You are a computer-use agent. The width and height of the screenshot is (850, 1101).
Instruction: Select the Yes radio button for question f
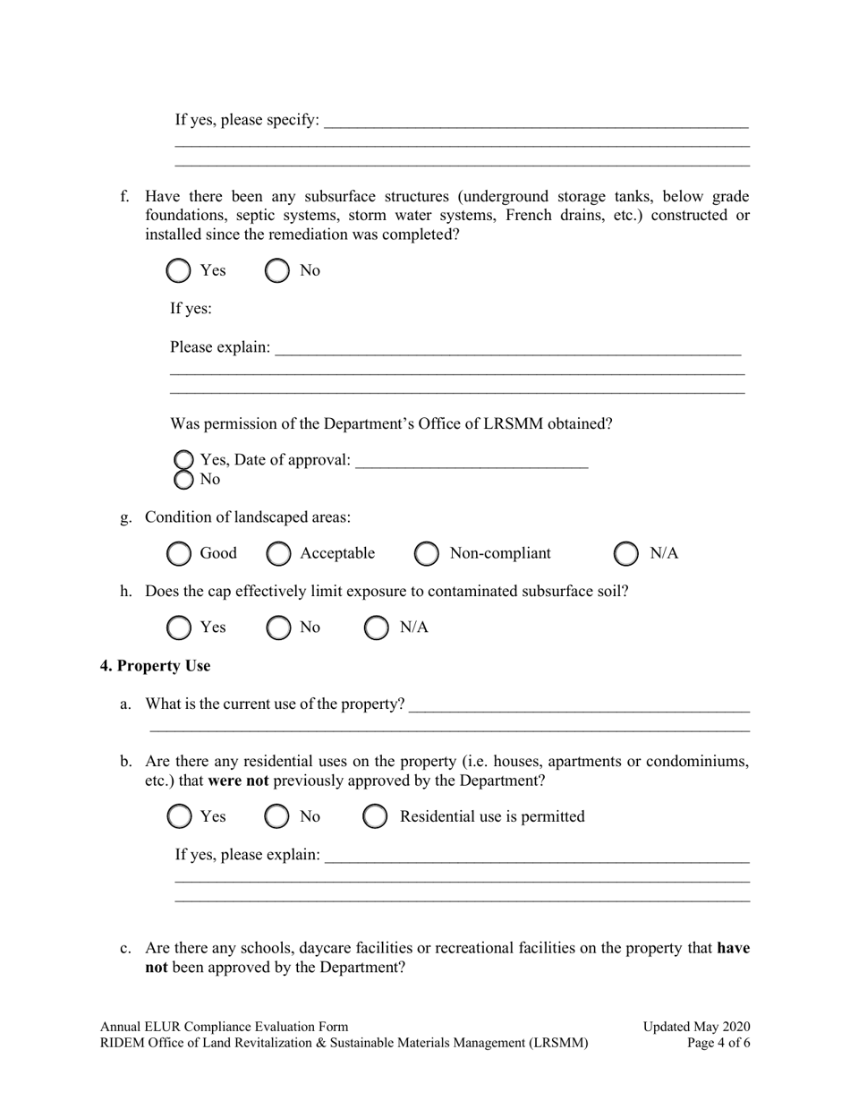[x=179, y=271]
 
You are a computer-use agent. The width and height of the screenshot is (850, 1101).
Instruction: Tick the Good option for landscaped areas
[x=179, y=554]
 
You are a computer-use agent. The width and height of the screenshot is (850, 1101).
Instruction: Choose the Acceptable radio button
[x=279, y=554]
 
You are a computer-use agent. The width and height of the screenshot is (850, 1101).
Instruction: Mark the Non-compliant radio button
[x=427, y=554]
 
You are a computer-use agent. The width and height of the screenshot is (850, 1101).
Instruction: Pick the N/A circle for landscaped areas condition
[x=626, y=554]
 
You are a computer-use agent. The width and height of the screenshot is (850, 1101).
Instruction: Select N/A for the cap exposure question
[x=377, y=628]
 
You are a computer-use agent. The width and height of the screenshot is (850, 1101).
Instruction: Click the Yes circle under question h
[x=179, y=628]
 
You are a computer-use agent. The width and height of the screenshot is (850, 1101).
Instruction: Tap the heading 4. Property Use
[x=155, y=666]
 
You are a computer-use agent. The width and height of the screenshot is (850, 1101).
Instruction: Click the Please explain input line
[x=507, y=347]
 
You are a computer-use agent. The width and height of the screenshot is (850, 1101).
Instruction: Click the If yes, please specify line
[x=535, y=121]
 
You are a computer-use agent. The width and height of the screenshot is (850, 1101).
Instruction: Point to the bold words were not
[x=239, y=781]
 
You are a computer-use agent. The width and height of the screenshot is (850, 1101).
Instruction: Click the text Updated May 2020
[x=696, y=1027]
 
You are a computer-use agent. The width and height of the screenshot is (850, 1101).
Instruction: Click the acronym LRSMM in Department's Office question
[x=574, y=424]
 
